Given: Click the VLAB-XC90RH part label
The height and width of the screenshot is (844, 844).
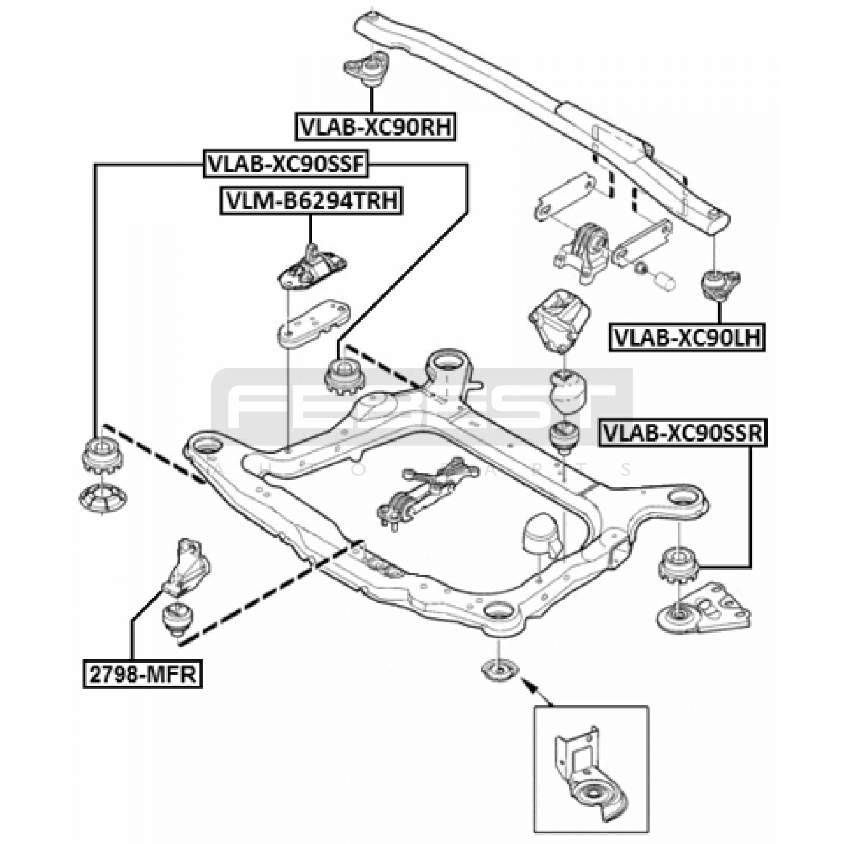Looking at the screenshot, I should click(375, 127).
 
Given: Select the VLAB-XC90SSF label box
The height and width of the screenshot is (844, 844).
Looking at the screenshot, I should click(285, 164).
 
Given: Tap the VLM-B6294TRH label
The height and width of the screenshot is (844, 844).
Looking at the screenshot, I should click(311, 201).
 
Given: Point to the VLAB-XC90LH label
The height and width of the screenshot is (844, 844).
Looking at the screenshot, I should click(687, 337).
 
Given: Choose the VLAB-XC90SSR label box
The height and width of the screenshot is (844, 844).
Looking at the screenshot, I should click(682, 433).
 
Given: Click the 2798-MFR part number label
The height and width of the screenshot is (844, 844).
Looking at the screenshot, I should click(142, 674).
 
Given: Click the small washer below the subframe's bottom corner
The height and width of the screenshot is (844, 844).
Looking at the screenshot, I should click(498, 670).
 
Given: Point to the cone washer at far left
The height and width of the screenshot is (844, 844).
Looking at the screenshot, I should click(102, 498).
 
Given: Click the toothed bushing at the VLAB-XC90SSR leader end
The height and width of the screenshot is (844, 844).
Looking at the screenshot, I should click(678, 565).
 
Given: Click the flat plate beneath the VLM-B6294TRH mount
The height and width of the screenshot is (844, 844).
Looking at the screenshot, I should click(313, 322).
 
